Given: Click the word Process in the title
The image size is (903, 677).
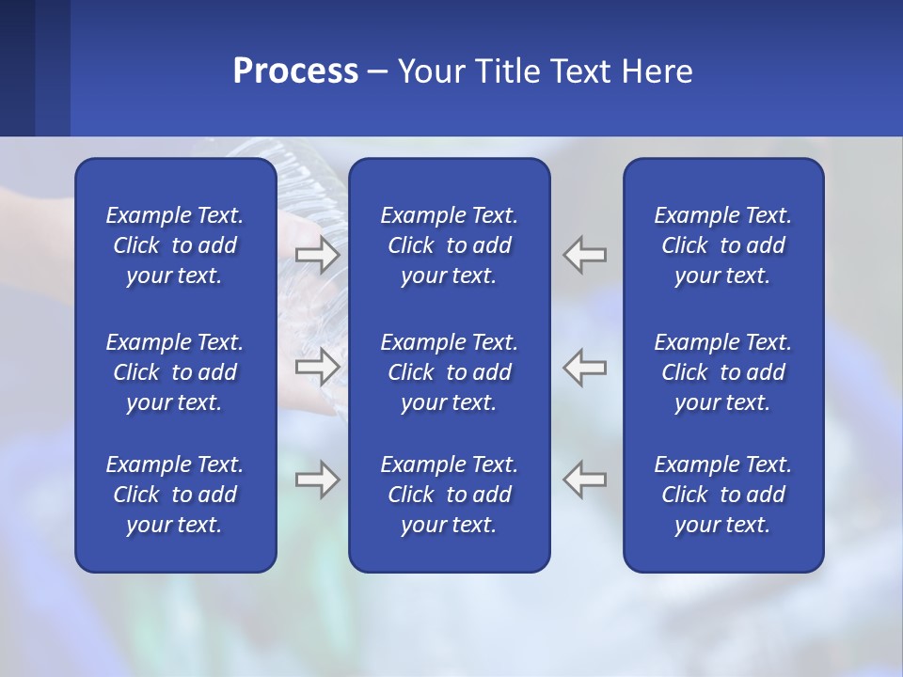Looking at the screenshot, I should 295,71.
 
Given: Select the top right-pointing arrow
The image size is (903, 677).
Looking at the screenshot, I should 318,254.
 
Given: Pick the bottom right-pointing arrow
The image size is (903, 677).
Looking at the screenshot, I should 318,480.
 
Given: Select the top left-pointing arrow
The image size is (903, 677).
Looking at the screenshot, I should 584,254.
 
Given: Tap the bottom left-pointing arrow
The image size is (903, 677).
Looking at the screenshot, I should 584,480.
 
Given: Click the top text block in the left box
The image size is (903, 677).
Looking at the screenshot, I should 175,245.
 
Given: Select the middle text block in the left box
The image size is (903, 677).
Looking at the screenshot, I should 175,372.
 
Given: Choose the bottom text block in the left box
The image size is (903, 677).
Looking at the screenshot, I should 175,495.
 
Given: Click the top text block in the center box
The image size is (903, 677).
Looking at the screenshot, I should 449,245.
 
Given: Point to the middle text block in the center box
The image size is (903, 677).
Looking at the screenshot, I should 449,372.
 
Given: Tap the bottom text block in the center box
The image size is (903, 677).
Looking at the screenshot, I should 449,495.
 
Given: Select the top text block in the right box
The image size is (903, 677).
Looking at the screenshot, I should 722,245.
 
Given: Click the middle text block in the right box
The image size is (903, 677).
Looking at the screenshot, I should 722,372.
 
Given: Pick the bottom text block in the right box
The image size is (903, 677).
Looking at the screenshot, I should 722,495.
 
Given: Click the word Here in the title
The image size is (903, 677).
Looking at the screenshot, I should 657,71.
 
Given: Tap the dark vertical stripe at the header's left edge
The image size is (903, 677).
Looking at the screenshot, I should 17,68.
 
